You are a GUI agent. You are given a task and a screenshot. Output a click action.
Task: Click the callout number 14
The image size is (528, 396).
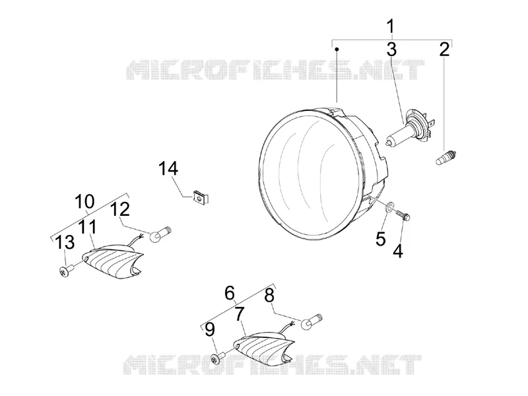tap(168, 168)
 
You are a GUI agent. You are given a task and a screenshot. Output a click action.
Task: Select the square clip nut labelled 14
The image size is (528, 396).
tap(201, 197)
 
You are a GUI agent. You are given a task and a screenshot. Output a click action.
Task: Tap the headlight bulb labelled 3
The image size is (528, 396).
tap(410, 128)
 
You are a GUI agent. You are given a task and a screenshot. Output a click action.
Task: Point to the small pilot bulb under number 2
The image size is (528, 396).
tap(445, 158)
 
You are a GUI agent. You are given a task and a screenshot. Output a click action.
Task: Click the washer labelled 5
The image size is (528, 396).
tap(389, 206)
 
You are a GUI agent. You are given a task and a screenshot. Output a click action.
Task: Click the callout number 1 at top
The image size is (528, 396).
tap(391, 26)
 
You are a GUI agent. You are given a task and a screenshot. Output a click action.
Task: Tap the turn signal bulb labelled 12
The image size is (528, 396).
tap(160, 234)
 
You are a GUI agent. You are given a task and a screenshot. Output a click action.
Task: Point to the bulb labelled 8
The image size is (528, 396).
tap(311, 321)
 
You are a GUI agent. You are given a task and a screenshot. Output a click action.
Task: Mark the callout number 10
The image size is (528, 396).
tap(84, 202)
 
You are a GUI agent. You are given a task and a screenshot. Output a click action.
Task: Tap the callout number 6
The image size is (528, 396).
tap(229, 293)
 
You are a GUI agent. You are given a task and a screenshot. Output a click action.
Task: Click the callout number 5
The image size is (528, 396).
tap(381, 238)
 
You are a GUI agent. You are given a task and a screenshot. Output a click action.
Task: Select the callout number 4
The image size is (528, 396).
tap(398, 251)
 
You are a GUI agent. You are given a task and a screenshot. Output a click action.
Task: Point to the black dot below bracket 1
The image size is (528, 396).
tap(337, 49)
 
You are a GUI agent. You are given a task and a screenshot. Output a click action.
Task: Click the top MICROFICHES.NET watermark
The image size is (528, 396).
tap(275, 70)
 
